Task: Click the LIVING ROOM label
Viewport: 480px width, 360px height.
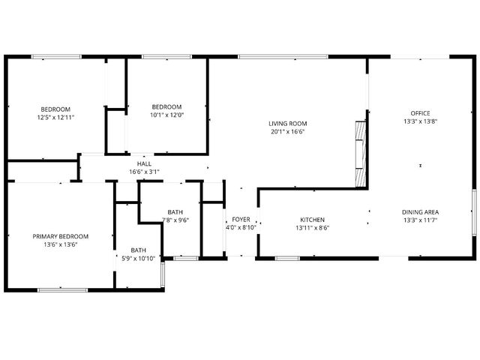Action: pyautogui.click(x=288, y=123)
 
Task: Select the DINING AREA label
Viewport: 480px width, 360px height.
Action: pyautogui.click(x=420, y=212)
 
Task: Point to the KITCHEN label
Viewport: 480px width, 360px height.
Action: pyautogui.click(x=312, y=220)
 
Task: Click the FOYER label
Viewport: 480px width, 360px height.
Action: pyautogui.click(x=241, y=219)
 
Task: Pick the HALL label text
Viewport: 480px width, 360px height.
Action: pyautogui.click(x=144, y=163)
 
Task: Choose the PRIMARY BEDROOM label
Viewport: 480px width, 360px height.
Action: pyautogui.click(x=60, y=236)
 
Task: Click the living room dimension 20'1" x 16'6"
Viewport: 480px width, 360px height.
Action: pyautogui.click(x=288, y=131)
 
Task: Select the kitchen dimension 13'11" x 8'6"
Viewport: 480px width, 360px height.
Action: pyautogui.click(x=312, y=228)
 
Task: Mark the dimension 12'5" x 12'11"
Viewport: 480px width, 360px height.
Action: pyautogui.click(x=55, y=117)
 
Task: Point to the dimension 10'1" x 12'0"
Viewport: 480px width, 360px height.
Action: pyautogui.click(x=166, y=115)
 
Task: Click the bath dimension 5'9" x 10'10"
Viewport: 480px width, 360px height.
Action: pyautogui.click(x=139, y=259)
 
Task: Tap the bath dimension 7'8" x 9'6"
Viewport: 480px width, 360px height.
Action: pyautogui.click(x=175, y=220)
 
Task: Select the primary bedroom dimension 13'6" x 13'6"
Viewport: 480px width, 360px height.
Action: pyautogui.click(x=60, y=244)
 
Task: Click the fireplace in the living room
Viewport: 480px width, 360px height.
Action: pyautogui.click(x=361, y=154)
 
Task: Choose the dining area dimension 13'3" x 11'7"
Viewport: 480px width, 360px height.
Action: pyautogui.click(x=420, y=220)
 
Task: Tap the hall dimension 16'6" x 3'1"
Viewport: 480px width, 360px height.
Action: pyautogui.click(x=144, y=172)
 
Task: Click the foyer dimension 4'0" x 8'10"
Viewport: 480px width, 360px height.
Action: pyautogui.click(x=241, y=227)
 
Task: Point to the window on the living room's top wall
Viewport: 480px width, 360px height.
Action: pyautogui.click(x=283, y=56)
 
